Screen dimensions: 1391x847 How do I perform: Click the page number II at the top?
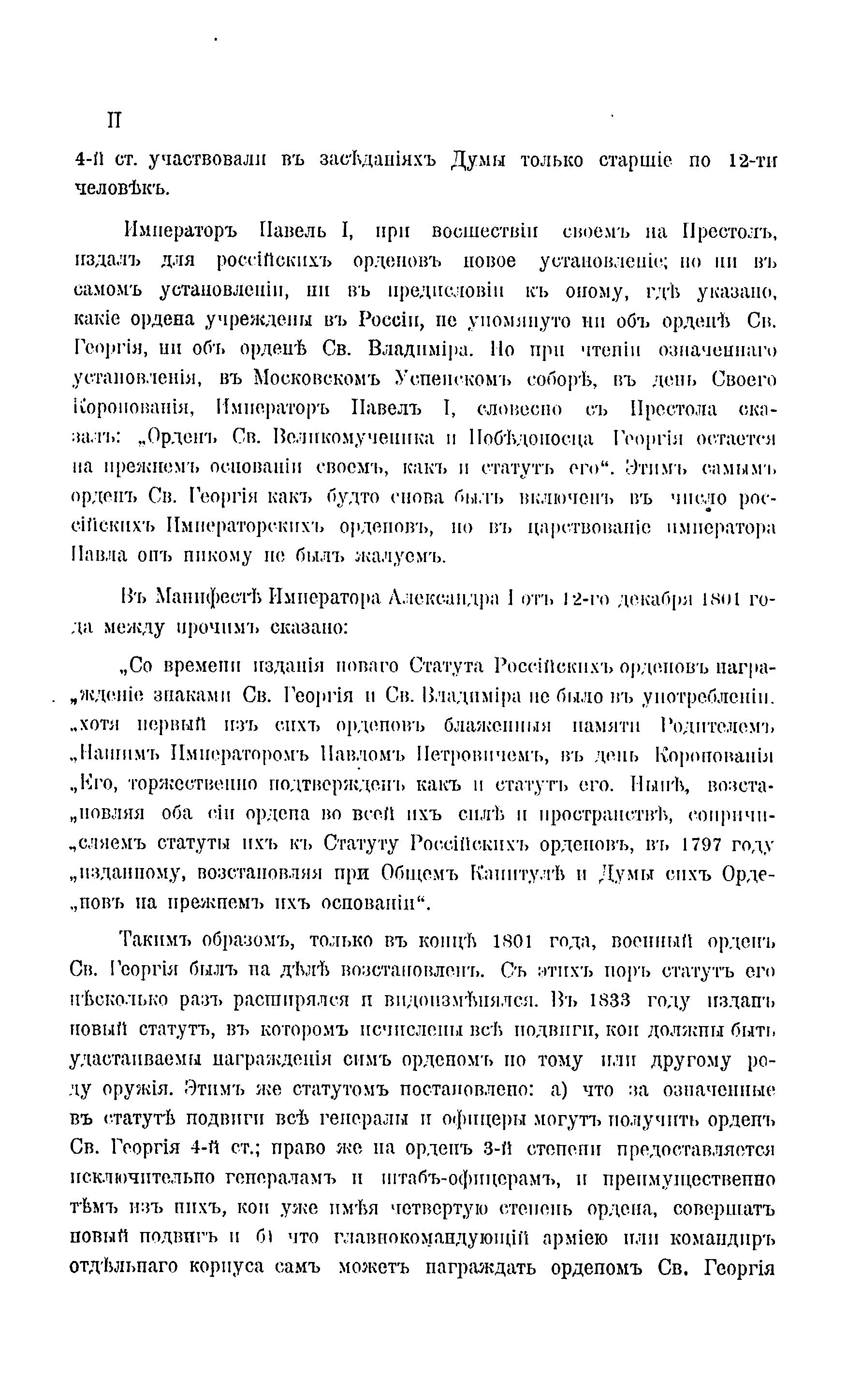pos(114,120)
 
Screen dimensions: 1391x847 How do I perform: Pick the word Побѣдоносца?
pos(531,439)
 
